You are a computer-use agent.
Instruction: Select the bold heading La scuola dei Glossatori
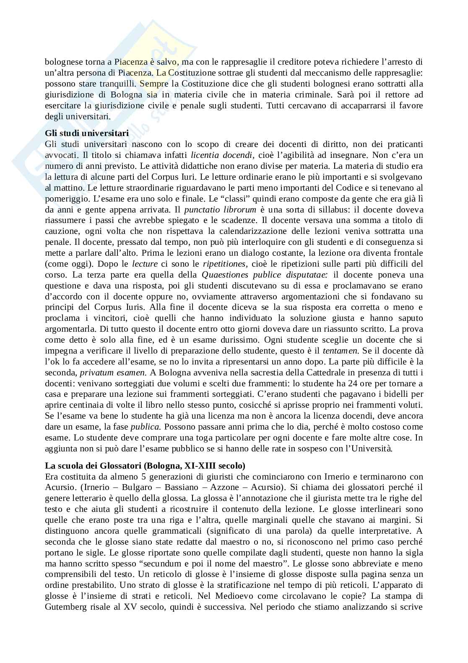pyautogui.click(x=145, y=466)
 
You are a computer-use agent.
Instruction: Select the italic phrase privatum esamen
pyautogui.click(x=113, y=372)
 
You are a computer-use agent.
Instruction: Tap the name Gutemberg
pyautogui.click(x=64, y=607)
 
